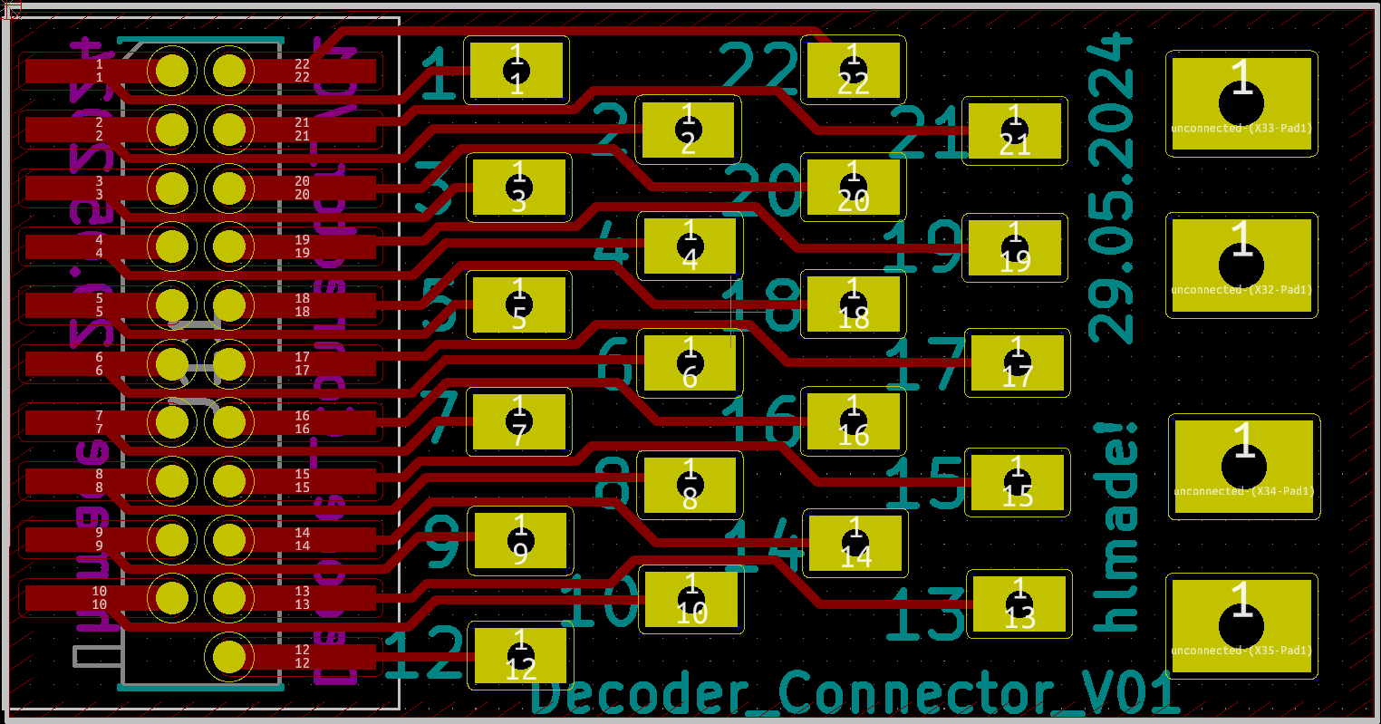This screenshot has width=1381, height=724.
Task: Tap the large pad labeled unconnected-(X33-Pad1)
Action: [1241, 103]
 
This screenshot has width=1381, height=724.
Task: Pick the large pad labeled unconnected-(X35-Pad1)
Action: [1241, 625]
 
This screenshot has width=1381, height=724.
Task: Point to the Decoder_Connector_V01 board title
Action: [854, 694]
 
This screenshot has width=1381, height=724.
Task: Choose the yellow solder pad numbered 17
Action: [1018, 363]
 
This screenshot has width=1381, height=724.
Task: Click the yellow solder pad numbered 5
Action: [519, 305]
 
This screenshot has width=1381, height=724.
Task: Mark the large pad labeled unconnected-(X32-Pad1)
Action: [1241, 265]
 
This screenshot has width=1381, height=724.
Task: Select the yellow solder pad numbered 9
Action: [520, 541]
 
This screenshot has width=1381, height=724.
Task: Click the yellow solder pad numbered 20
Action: [853, 188]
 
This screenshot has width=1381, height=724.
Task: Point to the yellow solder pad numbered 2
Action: [688, 130]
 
